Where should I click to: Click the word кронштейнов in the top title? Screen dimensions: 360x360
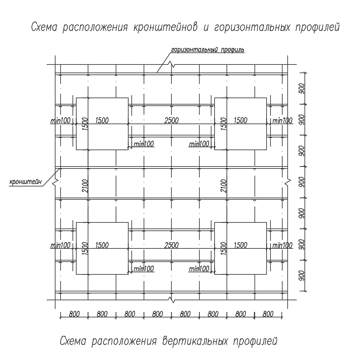tap(165, 27)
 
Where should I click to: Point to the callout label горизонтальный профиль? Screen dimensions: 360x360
tap(207, 50)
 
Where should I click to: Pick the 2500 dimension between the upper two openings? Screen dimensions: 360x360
tap(172, 120)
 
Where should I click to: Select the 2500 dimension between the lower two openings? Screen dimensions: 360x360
tap(172, 245)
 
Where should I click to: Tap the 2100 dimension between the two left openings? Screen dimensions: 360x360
tap(85, 185)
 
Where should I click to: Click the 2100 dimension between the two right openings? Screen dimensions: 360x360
tap(224, 185)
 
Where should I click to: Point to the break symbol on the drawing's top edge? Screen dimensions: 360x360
tap(171, 65)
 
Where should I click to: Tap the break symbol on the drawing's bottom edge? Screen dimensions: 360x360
tap(171, 299)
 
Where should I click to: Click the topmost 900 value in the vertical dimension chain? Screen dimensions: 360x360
tap(302, 88)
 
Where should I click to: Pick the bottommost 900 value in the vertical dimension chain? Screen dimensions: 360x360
tap(302, 276)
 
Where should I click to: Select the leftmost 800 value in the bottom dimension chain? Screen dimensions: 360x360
tap(74, 314)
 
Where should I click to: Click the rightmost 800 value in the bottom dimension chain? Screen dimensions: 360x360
tap(268, 314)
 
